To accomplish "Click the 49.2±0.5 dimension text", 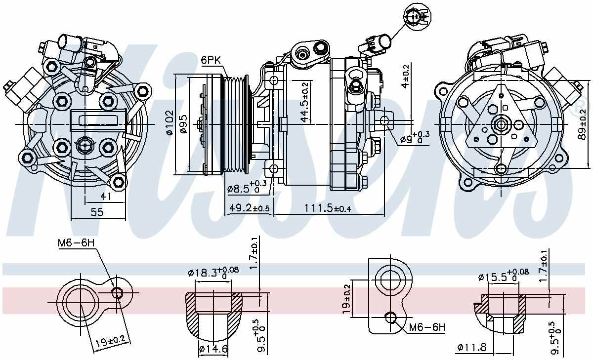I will pyautogui.click(x=249, y=209).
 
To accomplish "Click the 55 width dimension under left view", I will pyautogui.click(x=97, y=212).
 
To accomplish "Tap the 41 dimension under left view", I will pyautogui.click(x=106, y=197).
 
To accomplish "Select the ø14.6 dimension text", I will pyautogui.click(x=213, y=349).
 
